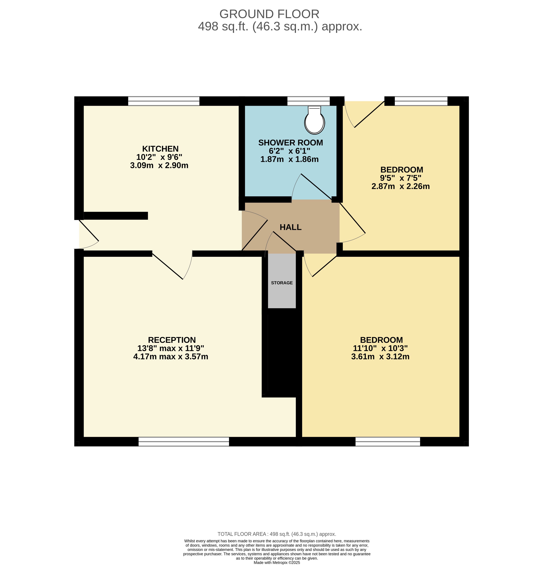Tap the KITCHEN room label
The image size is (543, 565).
[x=160, y=149]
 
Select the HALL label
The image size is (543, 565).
[x=291, y=227]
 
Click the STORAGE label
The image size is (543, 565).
[x=282, y=283]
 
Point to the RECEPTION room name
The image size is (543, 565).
[x=172, y=340]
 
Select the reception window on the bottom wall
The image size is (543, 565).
[x=184, y=442]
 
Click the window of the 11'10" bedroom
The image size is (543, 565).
[x=388, y=442]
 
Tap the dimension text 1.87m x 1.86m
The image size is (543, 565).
[x=289, y=159]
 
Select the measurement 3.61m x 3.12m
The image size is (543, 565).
[x=380, y=357]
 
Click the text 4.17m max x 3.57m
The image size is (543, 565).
[x=171, y=357]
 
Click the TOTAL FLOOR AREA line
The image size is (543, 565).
[x=277, y=534]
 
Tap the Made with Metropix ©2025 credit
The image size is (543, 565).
[x=277, y=562]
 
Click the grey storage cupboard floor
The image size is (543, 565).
[x=282, y=281]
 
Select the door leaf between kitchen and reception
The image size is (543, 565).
[x=167, y=267]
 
